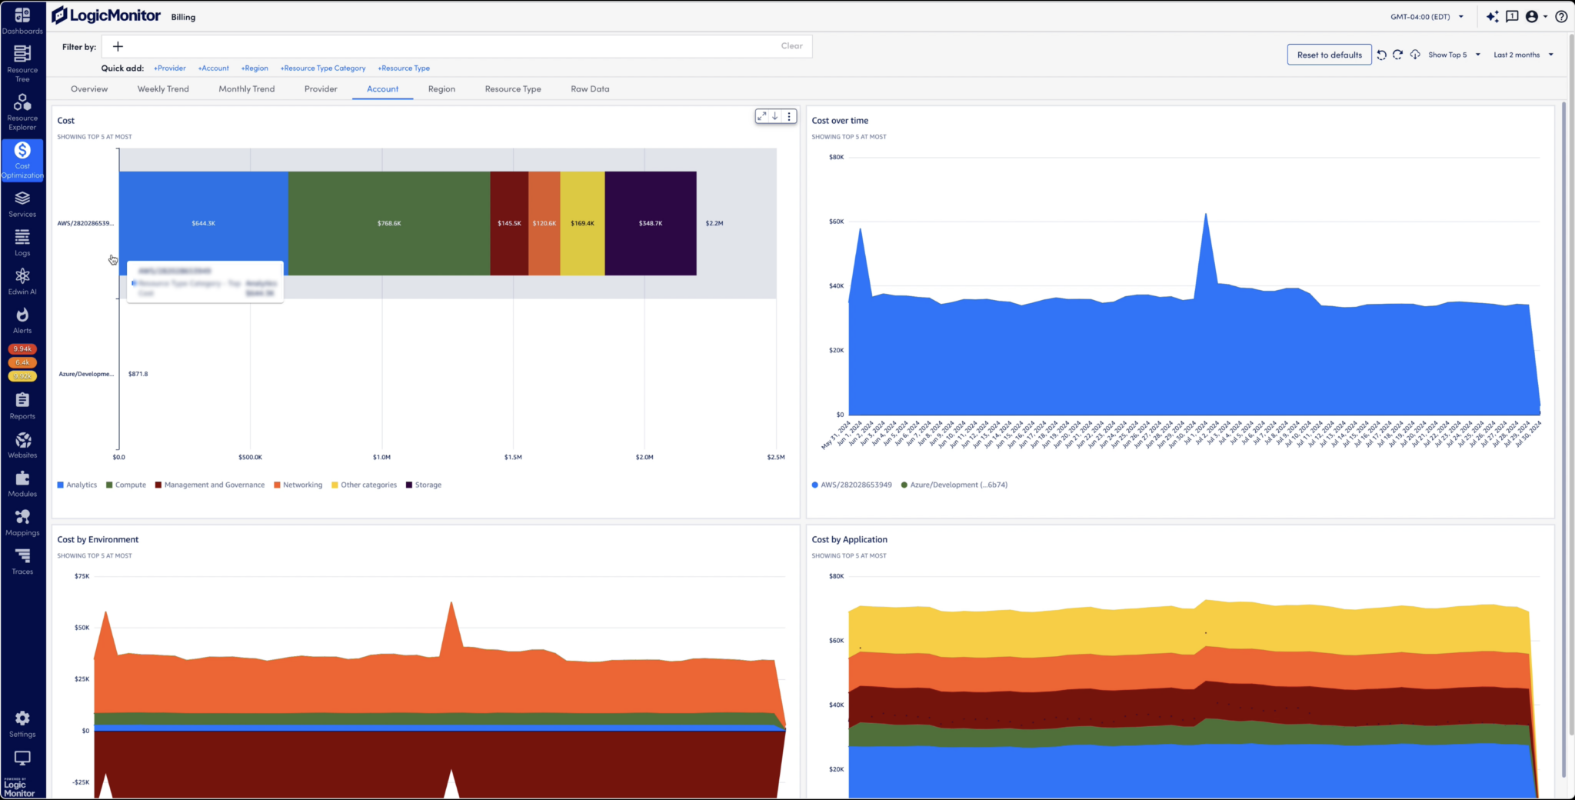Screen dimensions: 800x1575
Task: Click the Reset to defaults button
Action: [x=1329, y=55]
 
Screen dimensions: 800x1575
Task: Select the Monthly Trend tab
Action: [x=246, y=89]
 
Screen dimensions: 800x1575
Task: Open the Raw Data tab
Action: [x=590, y=89]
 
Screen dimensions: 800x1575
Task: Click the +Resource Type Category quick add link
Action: [x=323, y=68]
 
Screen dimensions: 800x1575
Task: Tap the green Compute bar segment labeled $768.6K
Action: [x=389, y=223]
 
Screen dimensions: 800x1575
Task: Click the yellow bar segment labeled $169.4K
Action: [x=582, y=223]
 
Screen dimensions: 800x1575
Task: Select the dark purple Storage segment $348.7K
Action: [x=651, y=223]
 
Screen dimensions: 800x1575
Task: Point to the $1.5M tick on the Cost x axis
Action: [x=513, y=457]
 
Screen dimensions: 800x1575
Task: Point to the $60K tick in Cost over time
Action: [x=836, y=222]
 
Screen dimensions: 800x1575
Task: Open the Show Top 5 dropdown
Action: [x=1453, y=55]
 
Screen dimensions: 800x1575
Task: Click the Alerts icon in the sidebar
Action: [x=22, y=319]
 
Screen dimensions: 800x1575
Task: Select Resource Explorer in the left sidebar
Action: [x=22, y=112]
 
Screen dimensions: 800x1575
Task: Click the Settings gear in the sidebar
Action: [x=22, y=723]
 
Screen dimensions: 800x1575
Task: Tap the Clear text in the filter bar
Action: [x=791, y=46]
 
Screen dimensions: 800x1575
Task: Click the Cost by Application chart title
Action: [x=849, y=540]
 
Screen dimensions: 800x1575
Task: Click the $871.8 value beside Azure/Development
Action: [x=138, y=375]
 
